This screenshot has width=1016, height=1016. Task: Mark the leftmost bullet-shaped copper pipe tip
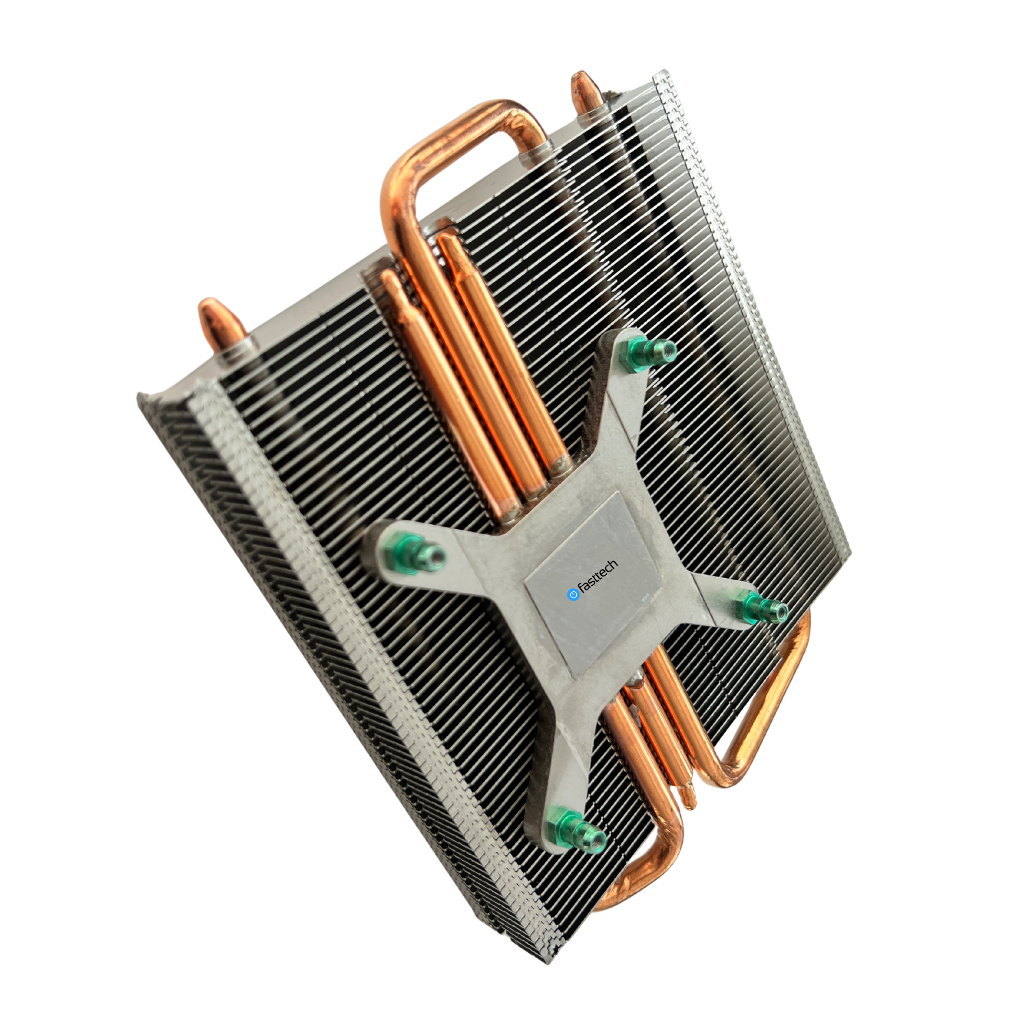(209, 311)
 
